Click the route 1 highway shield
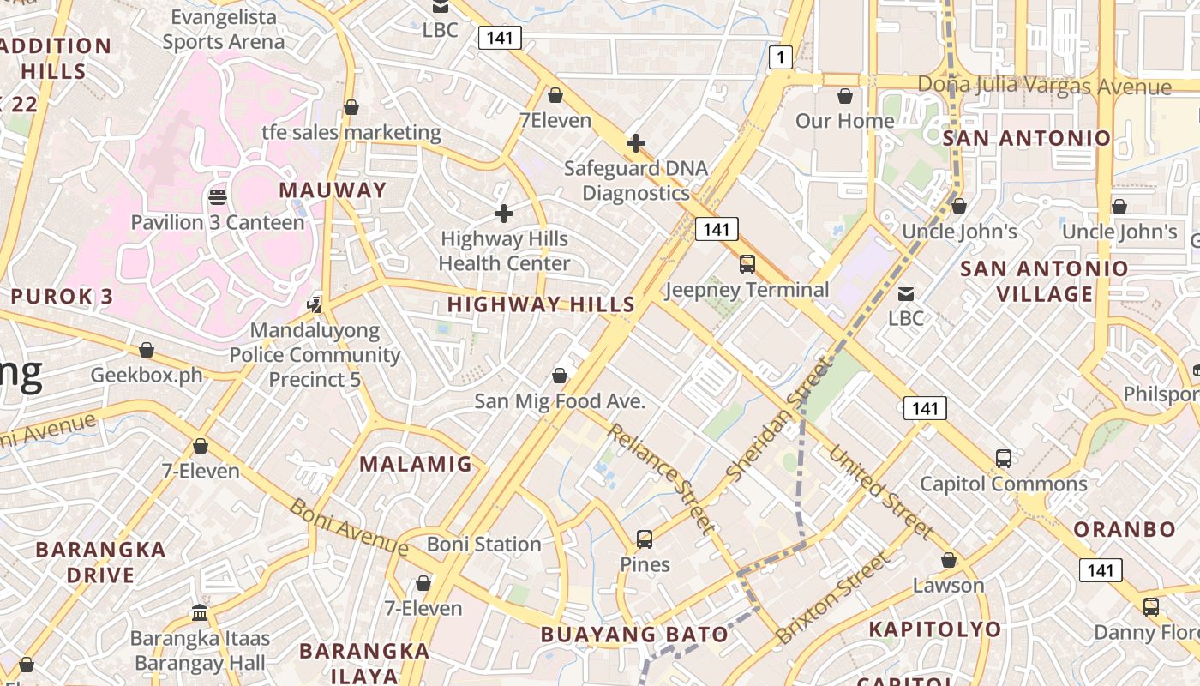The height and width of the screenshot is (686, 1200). click(780, 57)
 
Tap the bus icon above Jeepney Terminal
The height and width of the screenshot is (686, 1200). click(747, 264)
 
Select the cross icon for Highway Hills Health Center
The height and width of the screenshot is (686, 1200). click(504, 213)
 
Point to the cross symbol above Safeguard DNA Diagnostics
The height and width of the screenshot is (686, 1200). click(635, 142)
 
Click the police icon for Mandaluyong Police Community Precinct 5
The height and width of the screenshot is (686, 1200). click(315, 304)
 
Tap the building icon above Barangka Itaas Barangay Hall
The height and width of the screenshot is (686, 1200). click(200, 612)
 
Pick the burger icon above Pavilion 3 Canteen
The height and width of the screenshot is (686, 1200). click(218, 197)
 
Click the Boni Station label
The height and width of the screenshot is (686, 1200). click(483, 544)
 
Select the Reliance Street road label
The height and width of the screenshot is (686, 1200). click(661, 477)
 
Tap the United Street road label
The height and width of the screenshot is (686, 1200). click(880, 492)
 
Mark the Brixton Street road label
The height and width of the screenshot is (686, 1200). click(831, 598)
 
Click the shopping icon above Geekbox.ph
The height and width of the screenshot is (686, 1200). click(147, 350)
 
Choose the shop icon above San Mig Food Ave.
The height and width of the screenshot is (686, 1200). click(560, 376)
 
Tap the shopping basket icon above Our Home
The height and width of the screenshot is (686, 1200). click(845, 96)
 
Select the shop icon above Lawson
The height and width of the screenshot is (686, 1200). click(948, 560)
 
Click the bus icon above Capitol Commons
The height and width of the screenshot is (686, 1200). click(1004, 458)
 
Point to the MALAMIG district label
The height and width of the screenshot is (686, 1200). click(415, 464)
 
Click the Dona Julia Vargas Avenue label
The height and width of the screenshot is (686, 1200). click(1044, 86)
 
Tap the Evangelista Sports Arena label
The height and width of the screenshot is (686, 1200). click(224, 29)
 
